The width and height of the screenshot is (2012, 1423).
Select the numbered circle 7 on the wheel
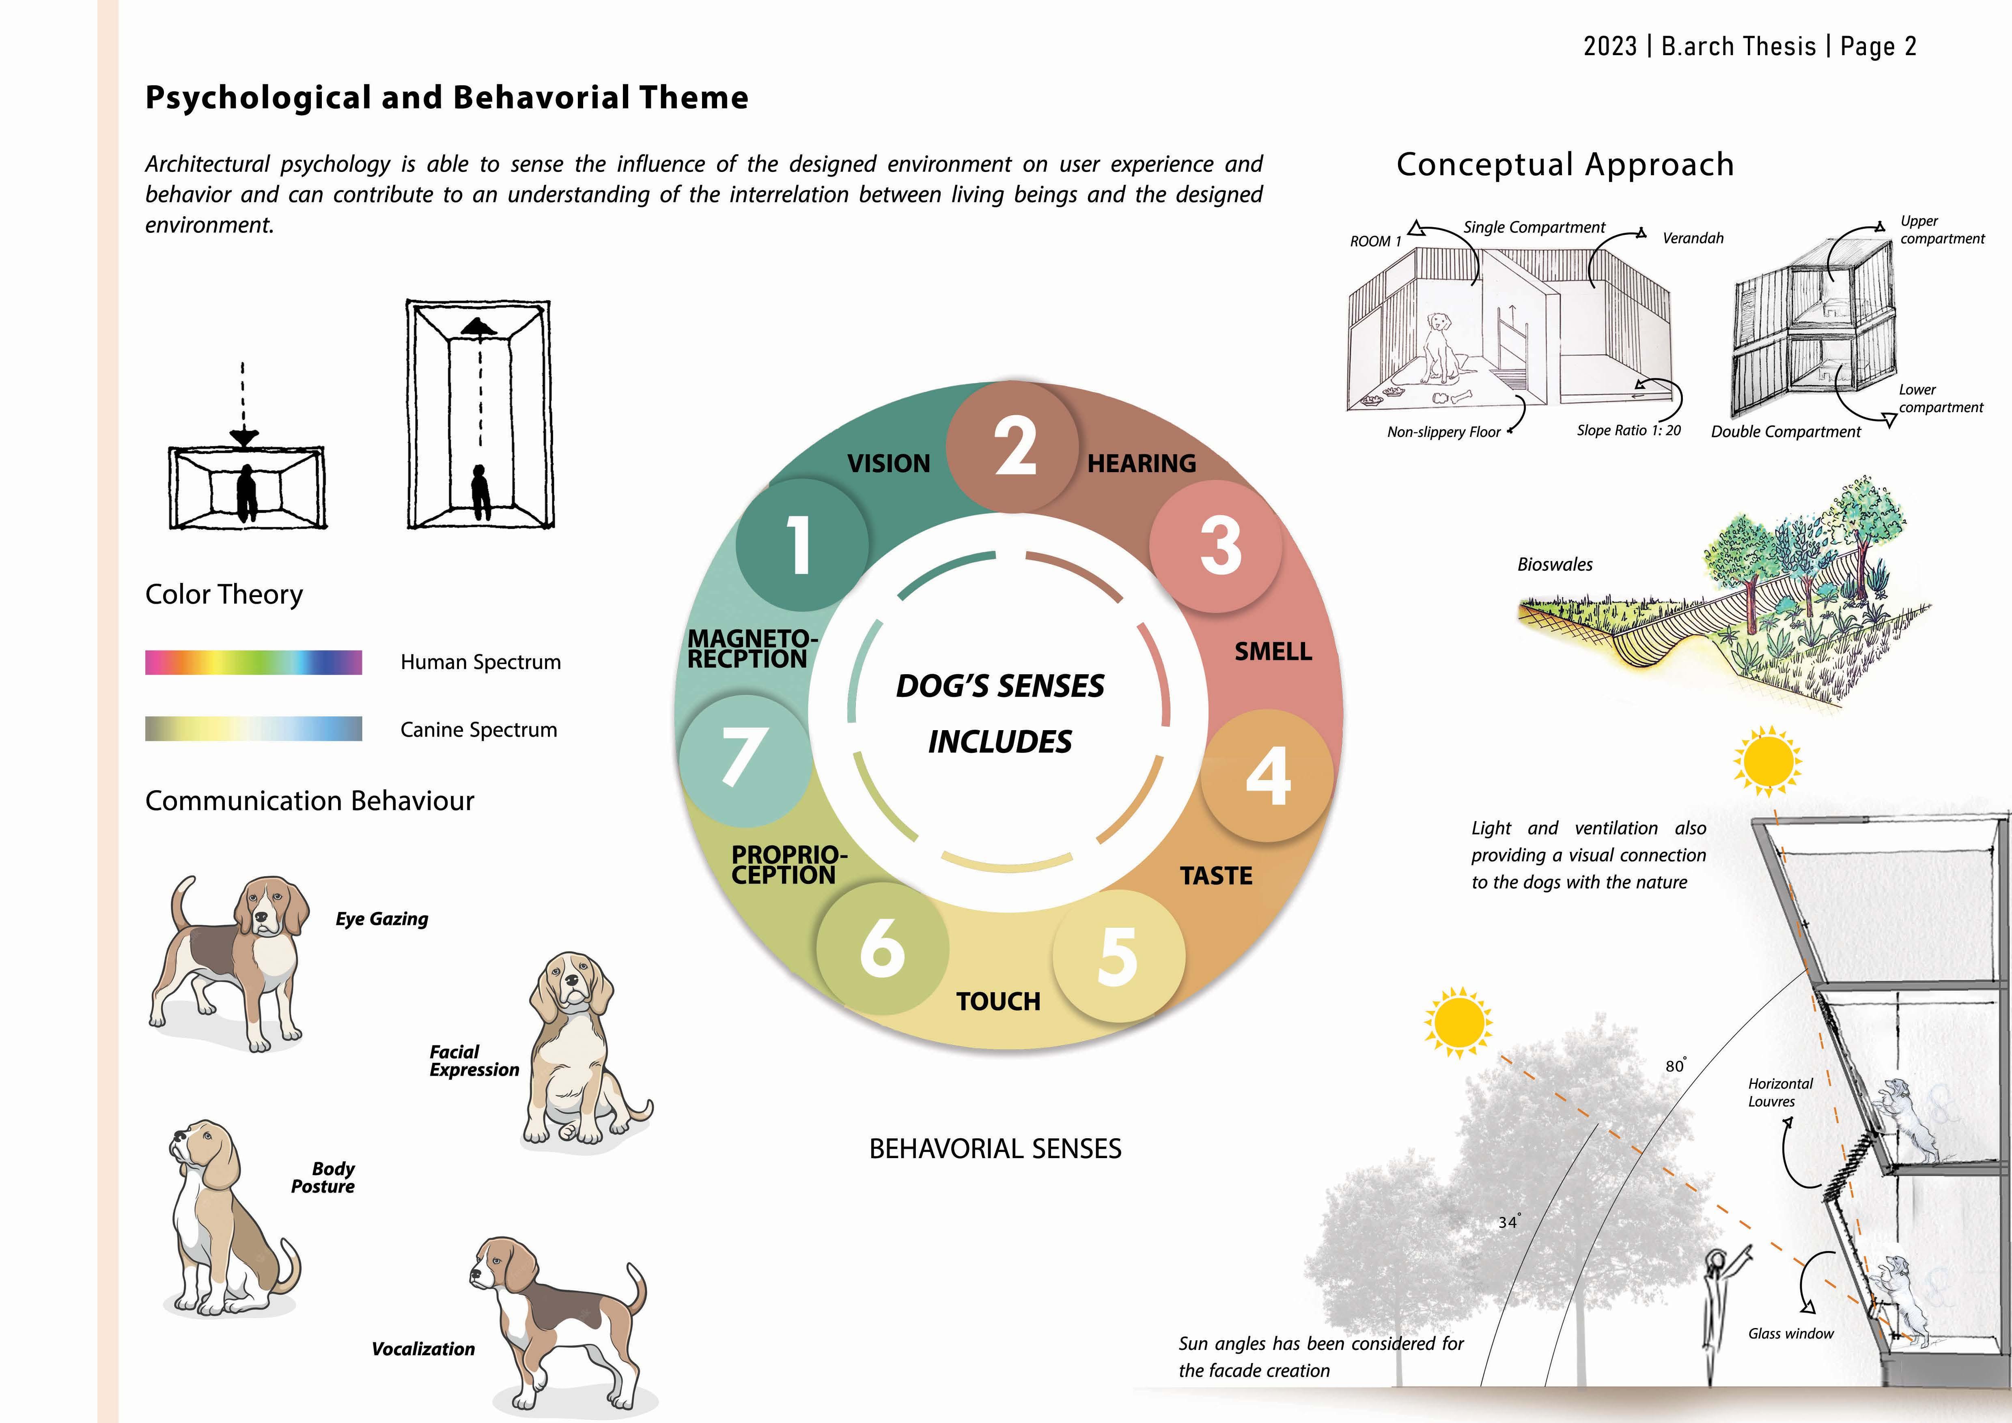(744, 759)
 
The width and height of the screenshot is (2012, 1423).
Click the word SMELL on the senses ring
(1273, 652)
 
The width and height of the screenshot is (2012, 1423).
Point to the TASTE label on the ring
(1216, 875)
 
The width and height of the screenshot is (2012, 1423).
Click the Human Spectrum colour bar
(253, 662)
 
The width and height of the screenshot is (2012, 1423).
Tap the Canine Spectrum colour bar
(253, 729)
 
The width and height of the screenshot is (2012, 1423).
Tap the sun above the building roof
(1767, 761)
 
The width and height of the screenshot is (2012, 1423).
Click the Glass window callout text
(1790, 1334)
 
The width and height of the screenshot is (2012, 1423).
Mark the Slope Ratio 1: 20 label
(1628, 430)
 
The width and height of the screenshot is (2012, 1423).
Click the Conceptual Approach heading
(1565, 165)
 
